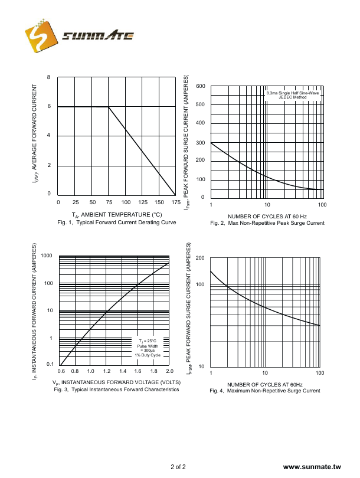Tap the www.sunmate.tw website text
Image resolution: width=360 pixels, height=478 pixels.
click(312, 467)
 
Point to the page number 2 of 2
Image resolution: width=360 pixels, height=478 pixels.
click(178, 467)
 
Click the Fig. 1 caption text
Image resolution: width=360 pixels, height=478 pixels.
click(117, 222)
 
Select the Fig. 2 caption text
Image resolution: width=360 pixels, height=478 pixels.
click(267, 223)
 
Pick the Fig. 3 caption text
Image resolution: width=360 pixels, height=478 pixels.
click(116, 389)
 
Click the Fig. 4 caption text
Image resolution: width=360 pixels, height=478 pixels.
click(265, 391)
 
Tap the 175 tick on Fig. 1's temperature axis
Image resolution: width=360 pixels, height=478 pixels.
click(176, 202)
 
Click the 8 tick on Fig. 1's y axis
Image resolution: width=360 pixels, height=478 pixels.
click(49, 77)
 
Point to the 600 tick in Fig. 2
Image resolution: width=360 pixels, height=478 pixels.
click(201, 87)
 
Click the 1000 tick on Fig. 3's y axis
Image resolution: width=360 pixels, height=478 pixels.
click(47, 256)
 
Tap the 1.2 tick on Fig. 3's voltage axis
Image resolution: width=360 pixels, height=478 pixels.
click(107, 371)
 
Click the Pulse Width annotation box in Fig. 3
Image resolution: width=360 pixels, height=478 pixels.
click(147, 348)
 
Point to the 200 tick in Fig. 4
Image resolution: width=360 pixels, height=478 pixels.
click(200, 258)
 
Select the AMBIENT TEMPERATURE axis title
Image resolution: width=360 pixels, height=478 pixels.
click(117, 214)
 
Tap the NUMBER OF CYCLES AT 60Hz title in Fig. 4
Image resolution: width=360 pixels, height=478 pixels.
click(265, 384)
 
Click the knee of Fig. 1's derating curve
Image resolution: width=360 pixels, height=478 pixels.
click(109, 107)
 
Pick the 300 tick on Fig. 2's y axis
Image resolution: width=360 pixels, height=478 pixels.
click(201, 143)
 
